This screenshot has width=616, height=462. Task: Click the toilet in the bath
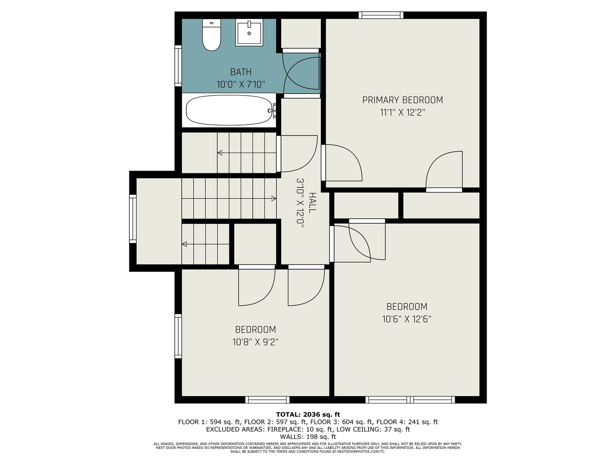211,35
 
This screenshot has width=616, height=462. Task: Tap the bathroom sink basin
249,33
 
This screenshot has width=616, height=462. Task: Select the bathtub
229,110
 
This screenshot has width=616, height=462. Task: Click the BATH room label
241,72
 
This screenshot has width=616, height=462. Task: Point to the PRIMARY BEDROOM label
402,100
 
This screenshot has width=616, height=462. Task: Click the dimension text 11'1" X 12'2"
402,112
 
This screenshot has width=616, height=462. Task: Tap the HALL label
312,203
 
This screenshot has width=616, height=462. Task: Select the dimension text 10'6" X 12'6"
407,319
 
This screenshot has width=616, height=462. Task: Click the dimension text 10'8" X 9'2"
255,342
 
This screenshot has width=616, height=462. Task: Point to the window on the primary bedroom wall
381,15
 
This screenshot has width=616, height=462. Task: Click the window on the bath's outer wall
178,65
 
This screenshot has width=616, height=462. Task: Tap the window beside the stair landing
133,219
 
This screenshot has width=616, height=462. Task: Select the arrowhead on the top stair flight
220,153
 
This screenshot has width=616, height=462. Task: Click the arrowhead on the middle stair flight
274,199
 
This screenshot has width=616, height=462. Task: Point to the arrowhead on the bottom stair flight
184,244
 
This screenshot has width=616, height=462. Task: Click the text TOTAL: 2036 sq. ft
308,415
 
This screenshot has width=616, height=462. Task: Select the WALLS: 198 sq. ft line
308,437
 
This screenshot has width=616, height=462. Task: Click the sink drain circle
249,33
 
